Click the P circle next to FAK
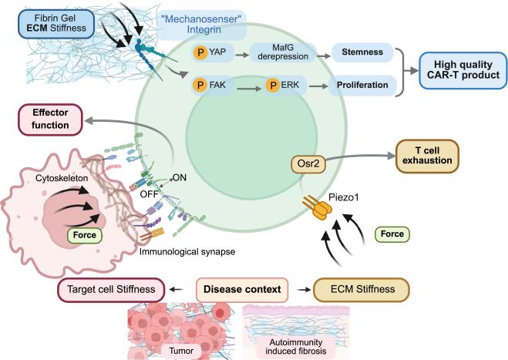click(199, 84)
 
